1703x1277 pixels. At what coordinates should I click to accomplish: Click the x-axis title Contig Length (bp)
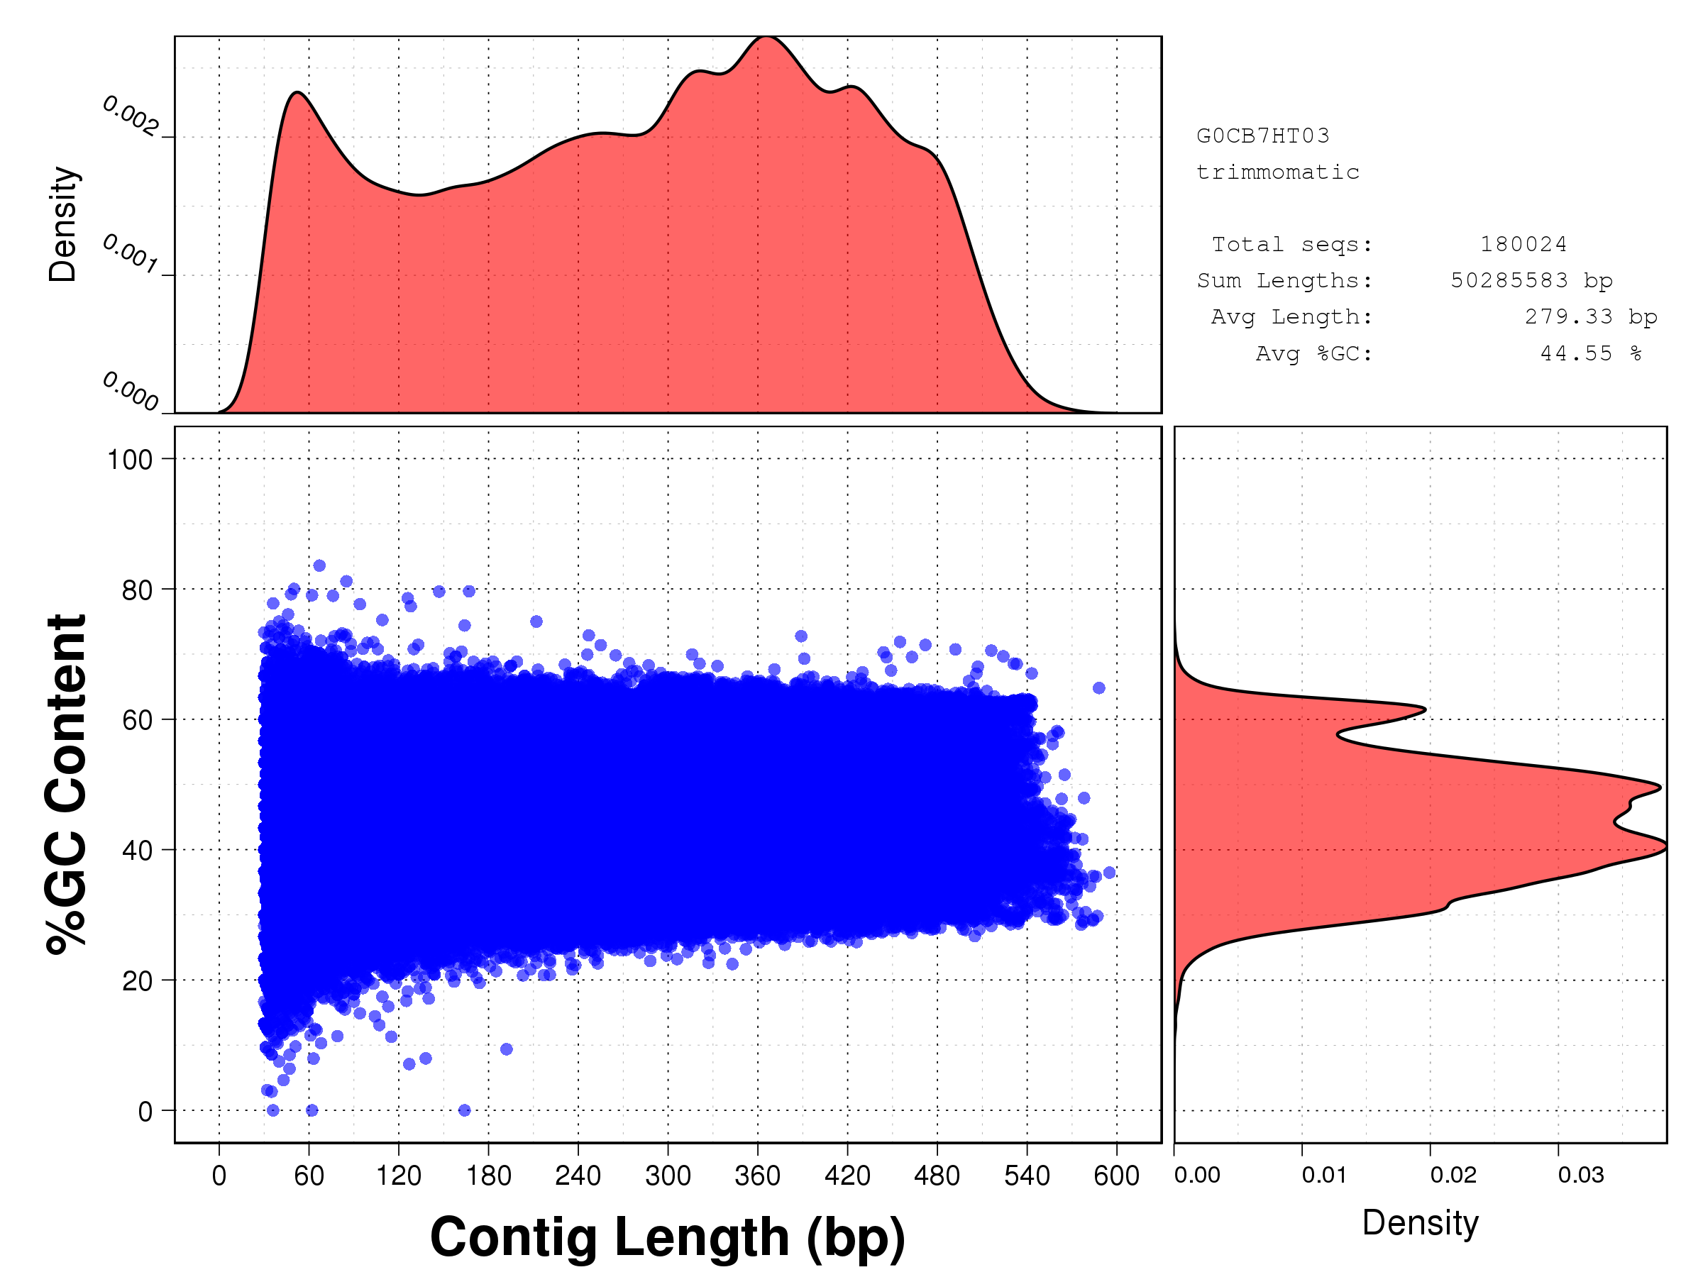point(667,1237)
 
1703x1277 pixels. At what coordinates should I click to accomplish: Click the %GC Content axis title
point(66,784)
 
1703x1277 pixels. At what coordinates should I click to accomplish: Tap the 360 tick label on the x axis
point(758,1176)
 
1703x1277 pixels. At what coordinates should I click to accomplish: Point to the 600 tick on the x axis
point(1116,1176)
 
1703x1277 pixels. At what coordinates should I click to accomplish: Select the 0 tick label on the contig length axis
point(219,1176)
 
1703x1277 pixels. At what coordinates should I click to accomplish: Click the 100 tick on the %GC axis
point(130,460)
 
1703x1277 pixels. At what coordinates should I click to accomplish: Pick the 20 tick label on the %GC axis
point(137,981)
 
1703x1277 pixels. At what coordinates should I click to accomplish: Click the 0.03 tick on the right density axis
point(1580,1175)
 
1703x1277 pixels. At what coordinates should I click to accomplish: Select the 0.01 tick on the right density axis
point(1324,1175)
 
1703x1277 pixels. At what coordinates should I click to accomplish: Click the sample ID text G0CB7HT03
point(1262,136)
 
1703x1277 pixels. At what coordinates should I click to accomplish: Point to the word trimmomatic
point(1277,172)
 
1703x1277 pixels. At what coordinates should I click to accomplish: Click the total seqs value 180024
point(1523,245)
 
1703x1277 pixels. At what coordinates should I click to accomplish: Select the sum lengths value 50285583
point(1509,281)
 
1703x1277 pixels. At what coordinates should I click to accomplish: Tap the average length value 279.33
point(1568,317)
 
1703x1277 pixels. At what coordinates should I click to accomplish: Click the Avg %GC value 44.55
point(1576,353)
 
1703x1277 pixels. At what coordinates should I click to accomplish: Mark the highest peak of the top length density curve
point(766,37)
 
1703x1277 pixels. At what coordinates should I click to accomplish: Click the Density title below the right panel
point(1420,1222)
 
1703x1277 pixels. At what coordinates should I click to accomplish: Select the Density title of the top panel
point(63,224)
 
